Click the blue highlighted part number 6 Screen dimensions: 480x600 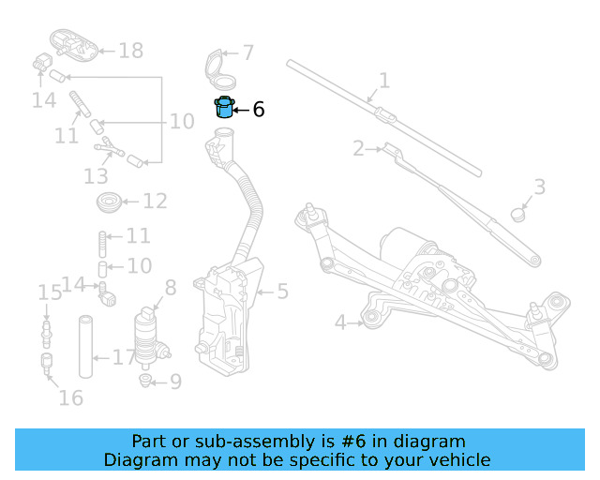tap(224, 108)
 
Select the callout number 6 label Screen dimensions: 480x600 tap(259, 110)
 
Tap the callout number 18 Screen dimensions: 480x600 tap(131, 51)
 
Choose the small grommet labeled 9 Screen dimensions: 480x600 tap(145, 380)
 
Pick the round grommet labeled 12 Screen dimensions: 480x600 tap(108, 201)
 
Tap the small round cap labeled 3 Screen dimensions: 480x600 tap(518, 214)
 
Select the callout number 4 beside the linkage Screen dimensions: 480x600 tap(341, 323)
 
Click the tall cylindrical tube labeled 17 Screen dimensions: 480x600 tap(85, 348)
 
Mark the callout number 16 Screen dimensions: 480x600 tap(70, 398)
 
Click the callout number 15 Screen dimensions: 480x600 tap(49, 294)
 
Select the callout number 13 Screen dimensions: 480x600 tap(96, 176)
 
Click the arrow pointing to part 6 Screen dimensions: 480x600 tap(241, 110)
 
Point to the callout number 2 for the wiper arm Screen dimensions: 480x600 tap(358, 148)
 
